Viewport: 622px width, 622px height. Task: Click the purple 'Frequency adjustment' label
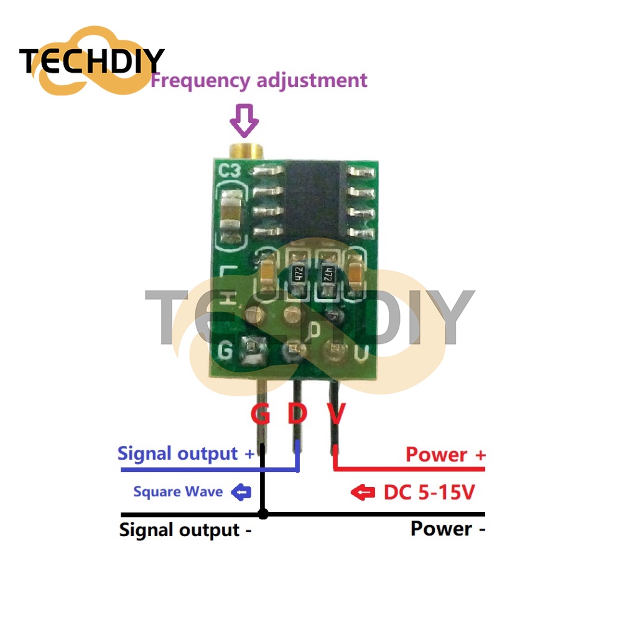click(x=259, y=80)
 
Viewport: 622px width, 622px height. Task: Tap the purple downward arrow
click(x=244, y=121)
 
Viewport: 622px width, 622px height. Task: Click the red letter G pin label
click(x=260, y=414)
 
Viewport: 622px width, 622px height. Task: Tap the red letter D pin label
click(x=297, y=414)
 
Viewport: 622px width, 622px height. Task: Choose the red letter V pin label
click(x=336, y=414)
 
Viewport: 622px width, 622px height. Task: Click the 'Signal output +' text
click(x=186, y=453)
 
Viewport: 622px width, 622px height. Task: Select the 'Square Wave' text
click(x=178, y=492)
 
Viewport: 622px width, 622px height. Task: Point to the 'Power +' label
click(x=445, y=454)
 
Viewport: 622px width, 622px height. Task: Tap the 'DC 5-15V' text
click(x=429, y=493)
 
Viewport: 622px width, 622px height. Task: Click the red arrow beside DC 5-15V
click(x=363, y=493)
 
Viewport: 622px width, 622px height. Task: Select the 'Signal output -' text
click(x=186, y=530)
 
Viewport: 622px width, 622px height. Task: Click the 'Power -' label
click(x=447, y=529)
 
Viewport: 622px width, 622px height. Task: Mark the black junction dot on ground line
click(x=263, y=514)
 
